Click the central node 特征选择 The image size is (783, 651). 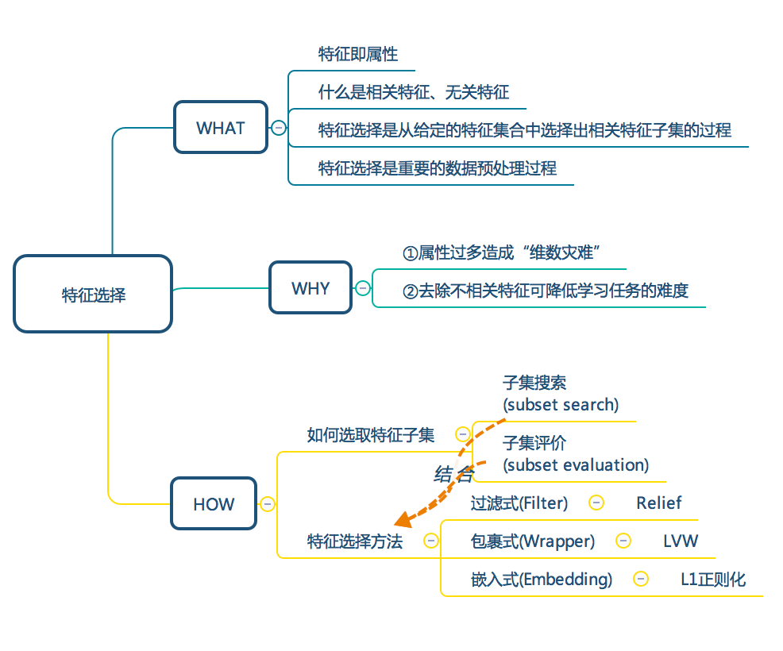click(93, 295)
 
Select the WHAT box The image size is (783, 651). click(221, 128)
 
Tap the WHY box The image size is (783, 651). click(310, 288)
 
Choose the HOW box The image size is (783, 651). click(214, 504)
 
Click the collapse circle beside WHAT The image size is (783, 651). click(279, 128)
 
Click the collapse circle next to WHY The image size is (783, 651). click(363, 288)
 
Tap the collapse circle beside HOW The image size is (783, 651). click(268, 504)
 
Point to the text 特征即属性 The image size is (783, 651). click(358, 55)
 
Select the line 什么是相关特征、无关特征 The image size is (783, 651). click(413, 93)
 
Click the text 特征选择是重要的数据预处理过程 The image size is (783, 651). click(437, 168)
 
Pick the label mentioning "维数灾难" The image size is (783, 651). click(500, 253)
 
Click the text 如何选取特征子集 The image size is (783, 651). click(371, 435)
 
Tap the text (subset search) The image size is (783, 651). click(561, 405)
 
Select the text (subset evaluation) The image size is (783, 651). click(576, 465)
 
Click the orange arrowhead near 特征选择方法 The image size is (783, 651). click(403, 519)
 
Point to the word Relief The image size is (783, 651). click(658, 503)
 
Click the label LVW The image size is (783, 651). click(681, 541)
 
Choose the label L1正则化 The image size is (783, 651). click(712, 580)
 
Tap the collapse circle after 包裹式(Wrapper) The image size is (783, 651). click(623, 541)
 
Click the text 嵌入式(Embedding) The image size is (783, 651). click(541, 580)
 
